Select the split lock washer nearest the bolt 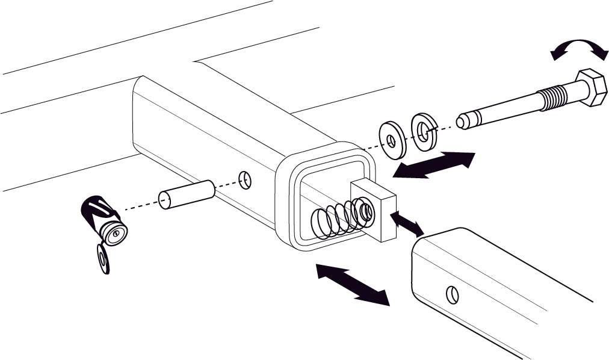[424, 130]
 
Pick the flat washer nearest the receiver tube [392, 141]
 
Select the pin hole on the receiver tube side [244, 179]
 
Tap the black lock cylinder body [97, 211]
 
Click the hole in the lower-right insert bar [453, 294]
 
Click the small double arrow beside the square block [407, 223]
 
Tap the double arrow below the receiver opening [353, 283]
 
